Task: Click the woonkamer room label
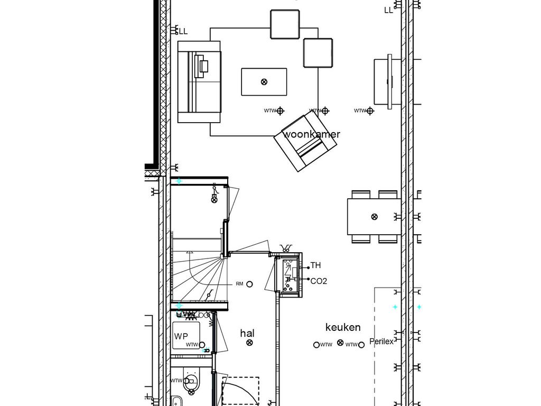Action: click(x=312, y=134)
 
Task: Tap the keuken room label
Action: click(x=343, y=327)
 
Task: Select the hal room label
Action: click(x=247, y=333)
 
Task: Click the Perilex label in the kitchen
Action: click(x=381, y=342)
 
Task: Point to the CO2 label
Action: click(x=319, y=281)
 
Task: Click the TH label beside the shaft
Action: click(x=315, y=265)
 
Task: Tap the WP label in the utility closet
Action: click(x=181, y=336)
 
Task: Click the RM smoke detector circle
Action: click(x=250, y=284)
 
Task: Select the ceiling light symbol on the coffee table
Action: click(x=264, y=81)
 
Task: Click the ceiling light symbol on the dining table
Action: click(x=375, y=216)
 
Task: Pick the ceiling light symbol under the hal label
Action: click(x=250, y=343)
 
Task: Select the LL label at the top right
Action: click(x=389, y=10)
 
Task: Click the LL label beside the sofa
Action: click(x=183, y=32)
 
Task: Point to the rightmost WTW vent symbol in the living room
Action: click(x=370, y=110)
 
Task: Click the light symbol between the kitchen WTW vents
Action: click(x=340, y=344)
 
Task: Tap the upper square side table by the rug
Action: click(x=285, y=24)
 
